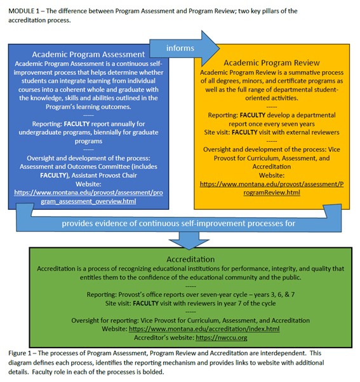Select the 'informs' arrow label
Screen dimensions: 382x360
[x=180, y=47]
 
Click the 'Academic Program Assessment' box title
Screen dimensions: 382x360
[x=86, y=55]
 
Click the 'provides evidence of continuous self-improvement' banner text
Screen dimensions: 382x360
[x=180, y=223]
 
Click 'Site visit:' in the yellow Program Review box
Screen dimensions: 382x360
[x=213, y=132]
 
